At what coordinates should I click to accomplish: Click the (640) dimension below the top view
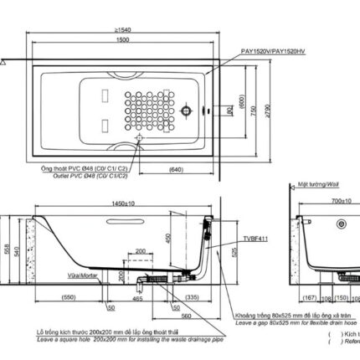174,170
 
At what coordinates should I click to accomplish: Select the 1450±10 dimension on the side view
129,203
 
